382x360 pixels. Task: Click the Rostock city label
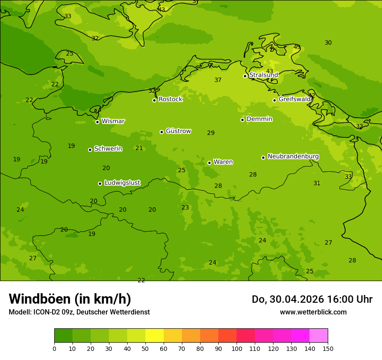pos(170,99)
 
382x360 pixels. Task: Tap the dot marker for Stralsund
pos(245,76)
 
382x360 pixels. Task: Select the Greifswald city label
pos(294,99)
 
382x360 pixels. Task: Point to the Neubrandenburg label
pos(293,157)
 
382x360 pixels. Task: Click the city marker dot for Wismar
pos(97,122)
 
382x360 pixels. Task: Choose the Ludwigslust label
pos(122,183)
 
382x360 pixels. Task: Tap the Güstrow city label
pos(178,131)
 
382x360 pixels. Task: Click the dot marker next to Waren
pos(209,163)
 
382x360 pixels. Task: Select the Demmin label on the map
pos(259,119)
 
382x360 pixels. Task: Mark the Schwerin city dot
pos(90,150)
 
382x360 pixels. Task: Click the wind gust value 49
pos(297,47)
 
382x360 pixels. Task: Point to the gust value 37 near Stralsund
pos(218,80)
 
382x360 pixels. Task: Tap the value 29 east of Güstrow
pos(211,133)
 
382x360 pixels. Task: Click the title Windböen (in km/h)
pos(70,299)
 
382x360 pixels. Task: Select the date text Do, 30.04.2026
pos(286,299)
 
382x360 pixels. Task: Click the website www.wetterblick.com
pos(313,312)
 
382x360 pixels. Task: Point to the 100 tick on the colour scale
pos(237,348)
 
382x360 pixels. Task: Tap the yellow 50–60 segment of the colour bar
pos(155,336)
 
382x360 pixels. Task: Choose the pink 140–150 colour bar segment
pos(319,336)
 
